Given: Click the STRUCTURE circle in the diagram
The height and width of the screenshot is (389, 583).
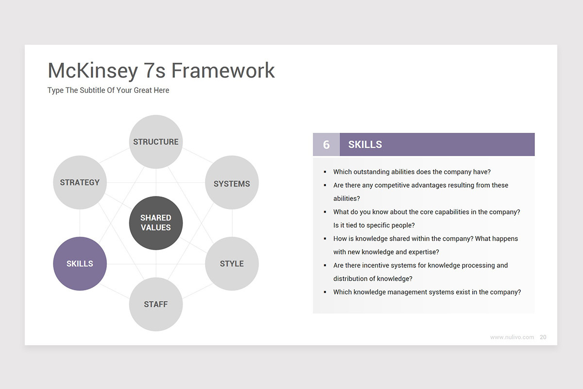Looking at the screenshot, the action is coord(155,141).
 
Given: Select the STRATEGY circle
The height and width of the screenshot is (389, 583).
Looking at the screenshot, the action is coord(80,182).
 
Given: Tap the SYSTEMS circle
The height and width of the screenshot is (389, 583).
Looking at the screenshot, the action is coord(232,182).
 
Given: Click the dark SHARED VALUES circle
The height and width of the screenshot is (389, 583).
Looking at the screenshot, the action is coord(155,223).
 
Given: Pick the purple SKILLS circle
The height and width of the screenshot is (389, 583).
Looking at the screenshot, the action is coord(80,264).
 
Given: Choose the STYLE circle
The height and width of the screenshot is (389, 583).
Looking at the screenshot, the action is coord(232,264).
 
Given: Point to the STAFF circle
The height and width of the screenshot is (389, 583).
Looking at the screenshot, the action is coord(155,304).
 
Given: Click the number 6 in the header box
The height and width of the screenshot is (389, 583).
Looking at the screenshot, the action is coord(326,144).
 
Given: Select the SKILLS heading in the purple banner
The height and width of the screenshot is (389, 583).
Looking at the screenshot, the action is coord(365,144).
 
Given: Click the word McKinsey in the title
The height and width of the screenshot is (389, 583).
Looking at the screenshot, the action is coord(93,71).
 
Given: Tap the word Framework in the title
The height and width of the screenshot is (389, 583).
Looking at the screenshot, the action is coord(223,71).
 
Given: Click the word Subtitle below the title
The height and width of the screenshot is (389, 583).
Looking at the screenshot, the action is coord(92,90).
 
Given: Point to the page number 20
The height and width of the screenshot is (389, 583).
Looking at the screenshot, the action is coord(543,337).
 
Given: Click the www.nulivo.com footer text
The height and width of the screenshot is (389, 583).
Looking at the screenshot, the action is coord(512,337).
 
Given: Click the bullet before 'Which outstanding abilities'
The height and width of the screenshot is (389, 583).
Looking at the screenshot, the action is coord(325,172).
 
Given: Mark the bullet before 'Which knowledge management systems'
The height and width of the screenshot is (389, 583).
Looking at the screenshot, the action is coord(325,292).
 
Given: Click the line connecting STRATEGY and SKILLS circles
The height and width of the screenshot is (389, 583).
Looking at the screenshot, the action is coord(80,223).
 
